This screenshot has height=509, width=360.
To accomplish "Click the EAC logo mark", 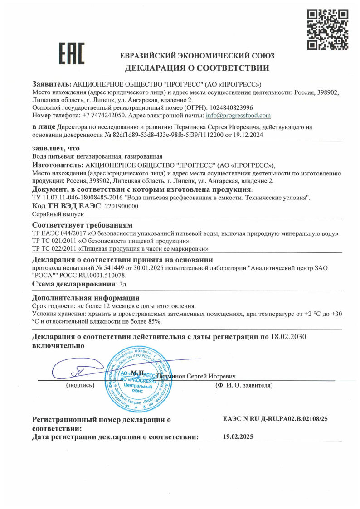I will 72,53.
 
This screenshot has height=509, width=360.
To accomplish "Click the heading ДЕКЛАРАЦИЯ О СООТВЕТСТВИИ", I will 197,68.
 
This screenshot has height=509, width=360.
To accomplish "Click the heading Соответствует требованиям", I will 82,225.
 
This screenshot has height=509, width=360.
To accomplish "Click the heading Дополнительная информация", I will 86,298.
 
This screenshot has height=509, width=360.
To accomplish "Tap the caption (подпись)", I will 80,386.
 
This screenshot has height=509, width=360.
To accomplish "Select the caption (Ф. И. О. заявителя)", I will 244,386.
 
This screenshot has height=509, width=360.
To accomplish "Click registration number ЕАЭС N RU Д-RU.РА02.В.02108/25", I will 275,419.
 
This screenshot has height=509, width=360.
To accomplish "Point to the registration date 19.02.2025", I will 238,437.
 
